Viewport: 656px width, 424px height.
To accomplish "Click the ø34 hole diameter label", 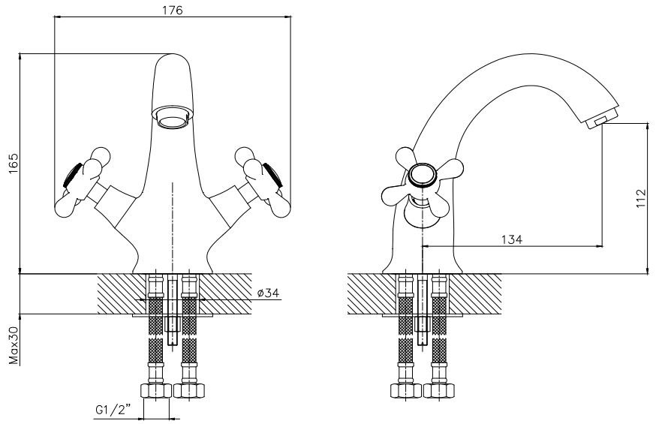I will coord(268,293).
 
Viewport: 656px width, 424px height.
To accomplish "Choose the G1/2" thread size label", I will coord(113,410).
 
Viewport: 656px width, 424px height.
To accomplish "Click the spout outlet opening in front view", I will coord(172,117).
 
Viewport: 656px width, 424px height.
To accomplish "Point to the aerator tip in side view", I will coord(597,120).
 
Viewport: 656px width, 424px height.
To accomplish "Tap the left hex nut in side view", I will coord(406,391).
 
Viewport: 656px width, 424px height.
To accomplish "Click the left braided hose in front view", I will coord(156,330).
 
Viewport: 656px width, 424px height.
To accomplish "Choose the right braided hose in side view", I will coord(438,330).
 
